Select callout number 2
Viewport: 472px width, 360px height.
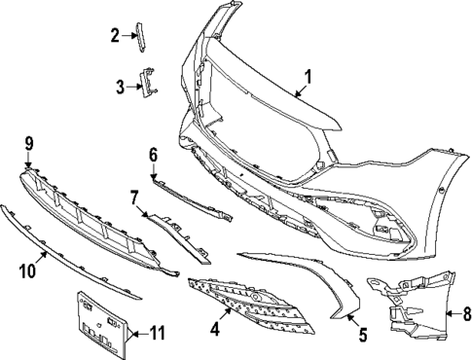115,36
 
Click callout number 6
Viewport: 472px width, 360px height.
153,154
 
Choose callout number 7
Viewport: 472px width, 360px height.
135,198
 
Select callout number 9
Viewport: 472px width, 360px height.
28,144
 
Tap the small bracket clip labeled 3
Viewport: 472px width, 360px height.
149,82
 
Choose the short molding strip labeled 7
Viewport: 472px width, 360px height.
180,230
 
